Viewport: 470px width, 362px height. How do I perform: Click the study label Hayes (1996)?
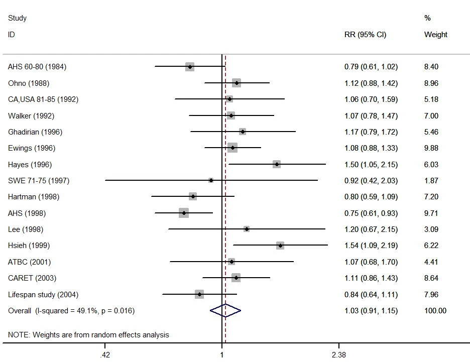[x=30, y=165]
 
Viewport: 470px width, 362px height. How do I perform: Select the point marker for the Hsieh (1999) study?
[x=280, y=246]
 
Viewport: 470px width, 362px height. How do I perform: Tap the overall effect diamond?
[x=225, y=311]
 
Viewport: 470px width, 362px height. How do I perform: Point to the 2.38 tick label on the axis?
[x=339, y=355]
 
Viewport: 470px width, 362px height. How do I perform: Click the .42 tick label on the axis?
[x=105, y=355]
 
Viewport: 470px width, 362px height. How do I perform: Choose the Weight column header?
[x=435, y=35]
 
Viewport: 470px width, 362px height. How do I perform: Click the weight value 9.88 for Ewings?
[x=431, y=148]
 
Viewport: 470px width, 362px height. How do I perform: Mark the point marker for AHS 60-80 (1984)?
[x=190, y=67]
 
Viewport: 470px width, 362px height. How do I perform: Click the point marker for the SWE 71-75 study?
[x=211, y=180]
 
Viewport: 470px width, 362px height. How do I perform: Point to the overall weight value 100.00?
[x=435, y=311]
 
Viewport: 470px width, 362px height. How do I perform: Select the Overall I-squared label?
[x=71, y=311]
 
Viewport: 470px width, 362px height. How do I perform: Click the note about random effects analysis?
[x=88, y=335]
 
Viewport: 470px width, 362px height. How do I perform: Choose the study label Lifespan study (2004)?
[x=43, y=294]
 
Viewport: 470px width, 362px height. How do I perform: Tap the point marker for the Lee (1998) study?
[x=247, y=229]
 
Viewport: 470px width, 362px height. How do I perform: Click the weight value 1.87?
[x=431, y=181]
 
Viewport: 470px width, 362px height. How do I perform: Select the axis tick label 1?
[x=222, y=355]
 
